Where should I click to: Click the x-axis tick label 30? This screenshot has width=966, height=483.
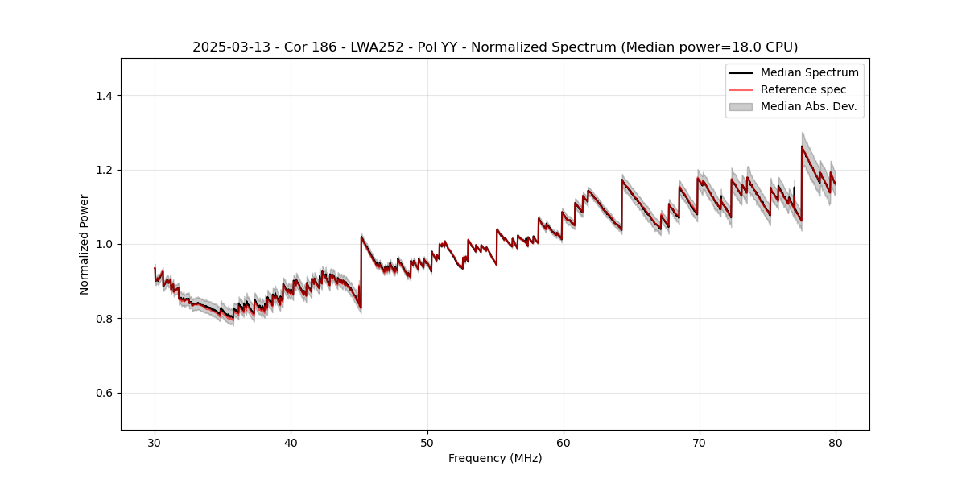pyautogui.click(x=155, y=442)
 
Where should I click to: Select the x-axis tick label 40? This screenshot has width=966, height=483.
pyautogui.click(x=291, y=442)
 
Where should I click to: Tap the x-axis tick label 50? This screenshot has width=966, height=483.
pyautogui.click(x=427, y=442)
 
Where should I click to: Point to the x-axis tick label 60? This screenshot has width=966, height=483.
pyautogui.click(x=563, y=442)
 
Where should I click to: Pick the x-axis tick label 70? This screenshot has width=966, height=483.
pyautogui.click(x=700, y=442)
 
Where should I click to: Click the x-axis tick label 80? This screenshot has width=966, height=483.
pyautogui.click(x=836, y=442)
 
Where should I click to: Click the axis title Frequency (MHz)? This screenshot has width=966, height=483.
pyautogui.click(x=495, y=458)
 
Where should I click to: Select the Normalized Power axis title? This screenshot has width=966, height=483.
pyautogui.click(x=85, y=244)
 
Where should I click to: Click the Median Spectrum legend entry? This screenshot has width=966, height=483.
pyautogui.click(x=809, y=72)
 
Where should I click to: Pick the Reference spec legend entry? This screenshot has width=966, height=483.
pyautogui.click(x=803, y=89)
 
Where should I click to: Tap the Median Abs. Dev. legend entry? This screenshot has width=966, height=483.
pyautogui.click(x=808, y=106)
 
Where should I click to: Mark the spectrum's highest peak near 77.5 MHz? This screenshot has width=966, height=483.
pyautogui.click(x=802, y=146)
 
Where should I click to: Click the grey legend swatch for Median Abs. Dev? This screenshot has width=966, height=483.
pyautogui.click(x=741, y=106)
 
